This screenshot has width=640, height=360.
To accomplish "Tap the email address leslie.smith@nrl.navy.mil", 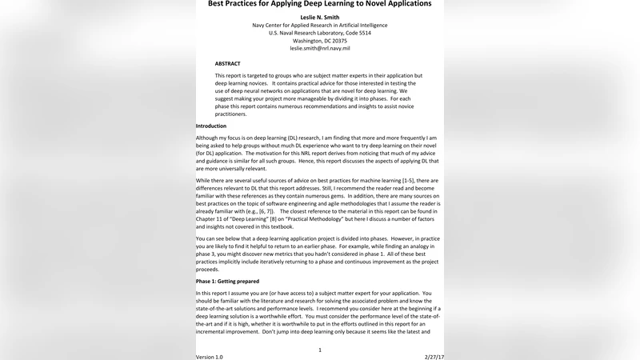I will [x=319, y=48].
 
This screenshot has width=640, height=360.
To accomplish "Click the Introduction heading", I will [x=211, y=126].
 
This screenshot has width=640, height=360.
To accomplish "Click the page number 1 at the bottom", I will [x=320, y=350].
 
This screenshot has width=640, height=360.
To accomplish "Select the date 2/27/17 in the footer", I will [x=433, y=357].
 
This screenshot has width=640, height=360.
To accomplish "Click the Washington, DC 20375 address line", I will [x=319, y=40].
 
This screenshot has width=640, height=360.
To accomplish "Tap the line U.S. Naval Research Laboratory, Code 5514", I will [x=319, y=32].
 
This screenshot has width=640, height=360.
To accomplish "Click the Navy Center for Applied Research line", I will [x=319, y=24].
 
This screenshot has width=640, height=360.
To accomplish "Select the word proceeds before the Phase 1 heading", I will [x=209, y=270].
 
